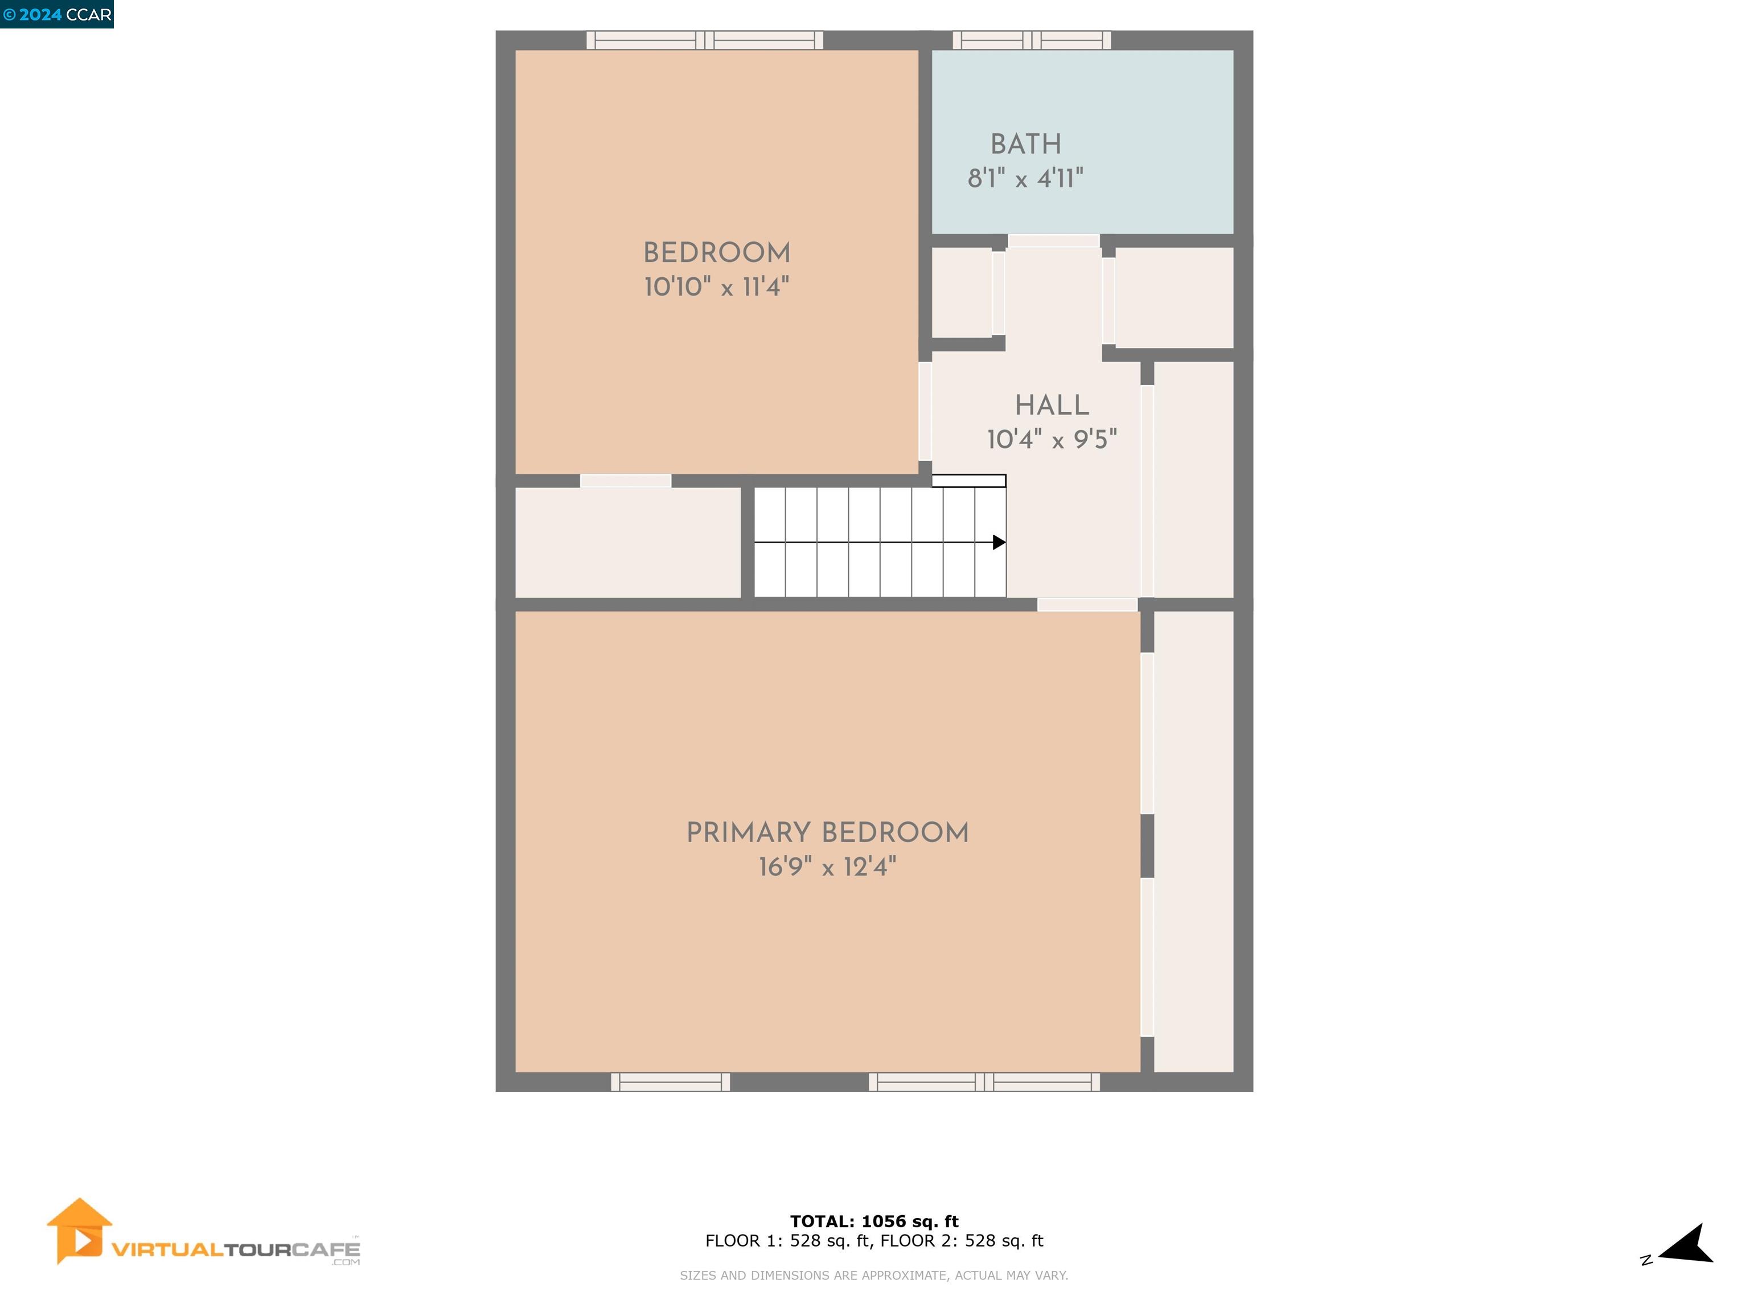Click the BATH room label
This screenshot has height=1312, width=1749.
pos(1025,144)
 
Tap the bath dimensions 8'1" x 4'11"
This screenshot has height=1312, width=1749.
pos(1025,179)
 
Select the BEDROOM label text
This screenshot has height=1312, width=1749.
pos(716,253)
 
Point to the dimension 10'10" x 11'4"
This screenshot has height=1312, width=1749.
pos(716,287)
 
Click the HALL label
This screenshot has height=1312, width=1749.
pos(1052,405)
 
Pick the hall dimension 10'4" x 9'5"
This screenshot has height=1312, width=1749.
pos(1052,440)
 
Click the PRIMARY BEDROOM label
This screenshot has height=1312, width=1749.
pos(827,833)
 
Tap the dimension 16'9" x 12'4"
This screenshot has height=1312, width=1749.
pos(827,867)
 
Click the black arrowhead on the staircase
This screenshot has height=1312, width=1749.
pos(999,543)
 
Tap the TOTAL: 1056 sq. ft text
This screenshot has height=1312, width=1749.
pos(874,1221)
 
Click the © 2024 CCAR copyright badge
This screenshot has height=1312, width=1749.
pos(57,14)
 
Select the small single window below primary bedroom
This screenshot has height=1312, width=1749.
pos(671,1082)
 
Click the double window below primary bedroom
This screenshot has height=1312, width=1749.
pos(984,1082)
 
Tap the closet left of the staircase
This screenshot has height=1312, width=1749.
pos(628,543)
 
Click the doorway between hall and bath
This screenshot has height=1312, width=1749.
pos(1053,240)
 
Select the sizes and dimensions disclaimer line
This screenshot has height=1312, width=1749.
pos(874,1275)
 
